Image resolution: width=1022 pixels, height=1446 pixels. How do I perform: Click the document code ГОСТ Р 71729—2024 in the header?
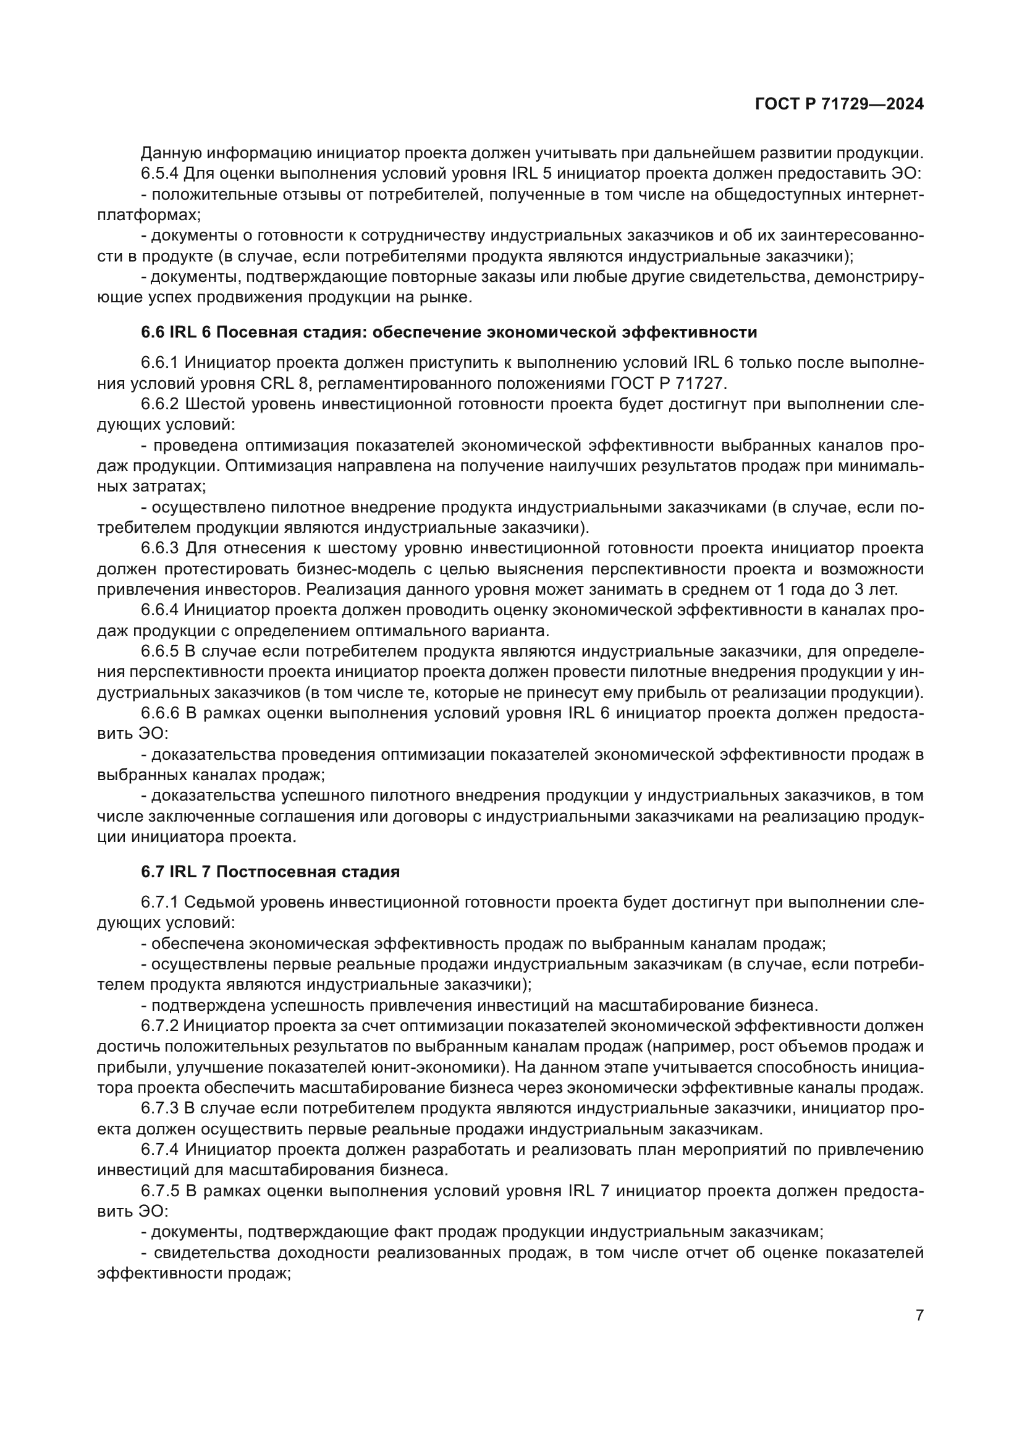[x=839, y=104]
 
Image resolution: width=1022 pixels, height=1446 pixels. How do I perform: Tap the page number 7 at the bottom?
[x=919, y=1315]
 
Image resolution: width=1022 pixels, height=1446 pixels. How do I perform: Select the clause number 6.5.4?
[x=160, y=174]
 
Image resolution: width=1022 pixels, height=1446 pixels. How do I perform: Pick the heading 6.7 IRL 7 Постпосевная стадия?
[x=270, y=872]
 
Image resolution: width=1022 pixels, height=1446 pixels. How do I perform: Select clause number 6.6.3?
[x=160, y=548]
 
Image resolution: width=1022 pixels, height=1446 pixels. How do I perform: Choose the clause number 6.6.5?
[x=160, y=651]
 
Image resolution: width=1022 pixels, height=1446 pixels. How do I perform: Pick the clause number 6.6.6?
[x=160, y=713]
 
